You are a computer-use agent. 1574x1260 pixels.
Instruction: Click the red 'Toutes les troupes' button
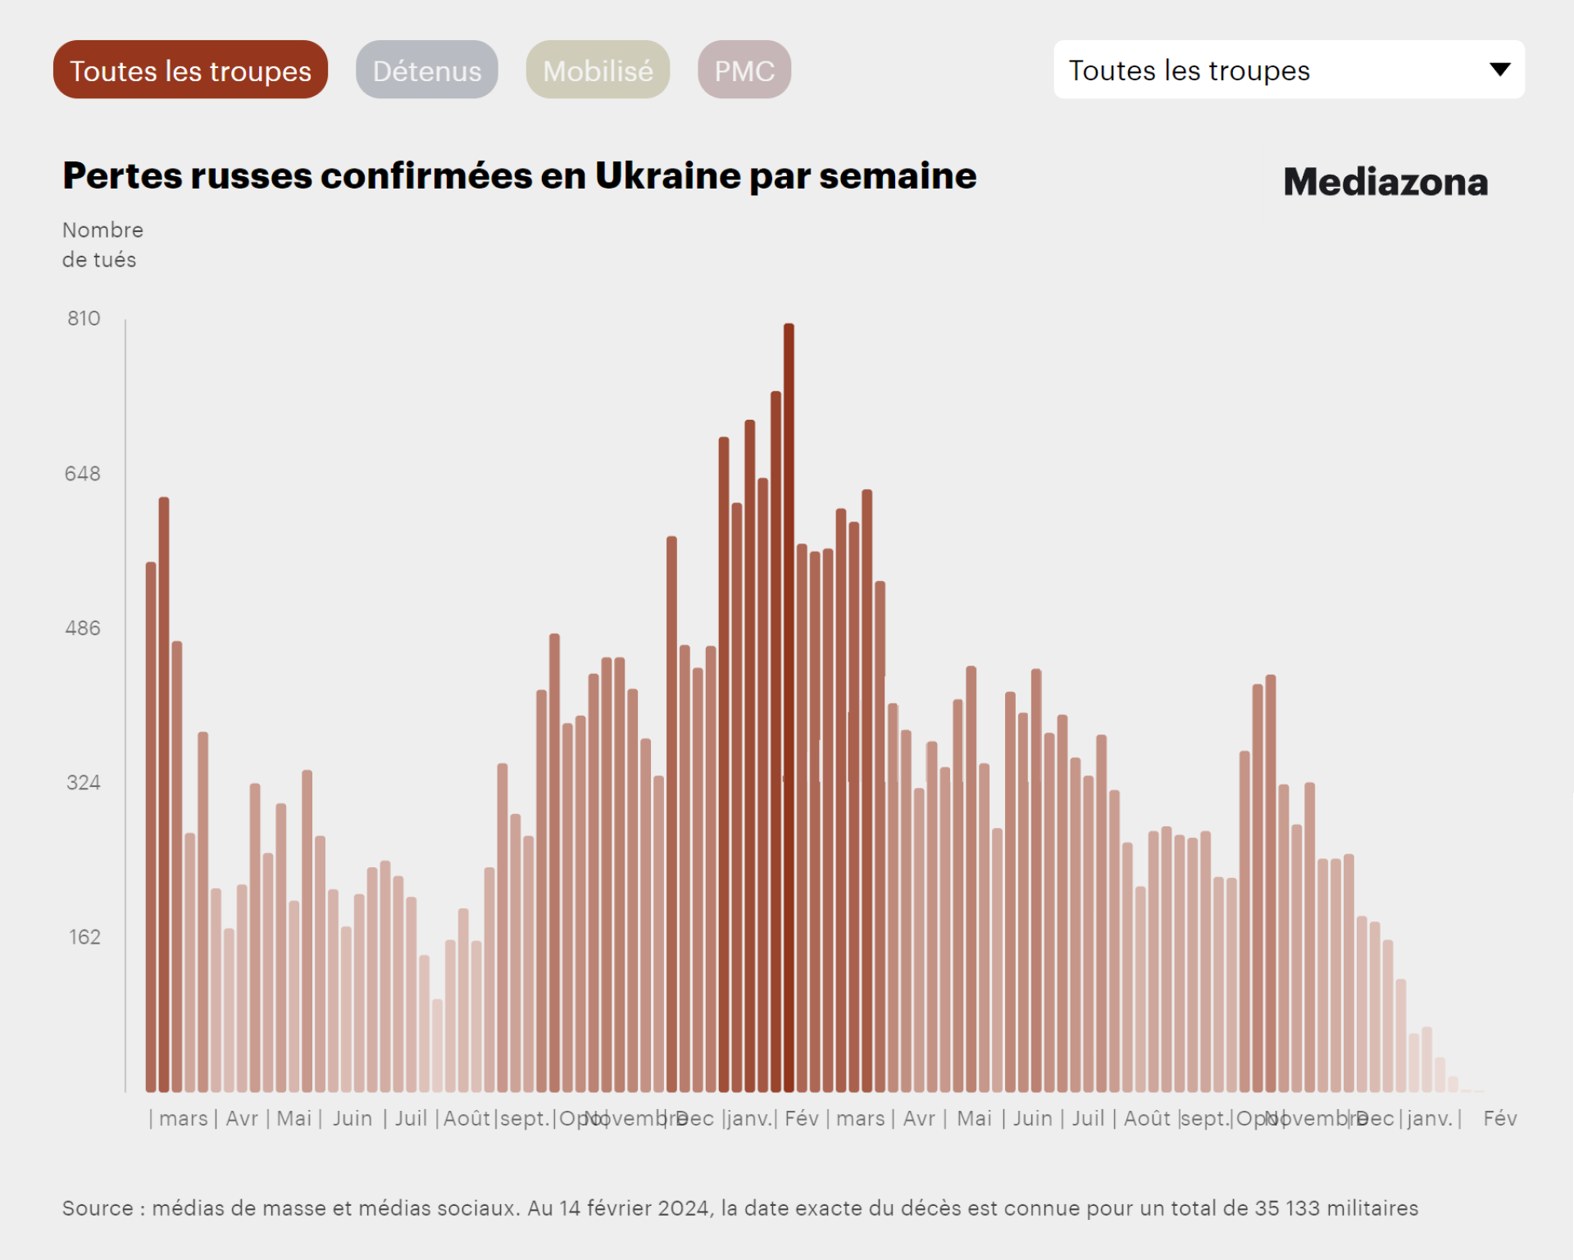(190, 71)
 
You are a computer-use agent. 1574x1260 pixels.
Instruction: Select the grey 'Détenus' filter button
(426, 71)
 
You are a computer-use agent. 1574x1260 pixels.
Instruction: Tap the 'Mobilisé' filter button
(598, 71)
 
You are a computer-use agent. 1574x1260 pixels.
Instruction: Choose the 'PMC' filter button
(744, 71)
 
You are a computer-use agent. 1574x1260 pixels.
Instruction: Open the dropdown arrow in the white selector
(1499, 70)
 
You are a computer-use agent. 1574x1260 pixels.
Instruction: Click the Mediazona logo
(1385, 182)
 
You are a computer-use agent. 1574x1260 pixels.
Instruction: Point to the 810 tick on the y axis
(84, 318)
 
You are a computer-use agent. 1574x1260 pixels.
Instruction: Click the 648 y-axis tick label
(83, 473)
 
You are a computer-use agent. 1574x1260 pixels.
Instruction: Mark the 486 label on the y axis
(83, 628)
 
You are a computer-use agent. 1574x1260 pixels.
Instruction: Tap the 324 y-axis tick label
(83, 782)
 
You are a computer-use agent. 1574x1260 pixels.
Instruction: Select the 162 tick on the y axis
(84, 937)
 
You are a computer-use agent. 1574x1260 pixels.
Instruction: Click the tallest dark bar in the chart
(789, 705)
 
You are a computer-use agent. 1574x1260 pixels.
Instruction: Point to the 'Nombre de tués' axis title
(102, 244)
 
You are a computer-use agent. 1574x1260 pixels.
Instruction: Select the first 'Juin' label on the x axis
(353, 1118)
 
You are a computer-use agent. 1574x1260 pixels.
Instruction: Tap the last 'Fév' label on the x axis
(1499, 1118)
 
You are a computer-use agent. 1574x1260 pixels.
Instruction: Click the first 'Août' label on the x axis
(466, 1118)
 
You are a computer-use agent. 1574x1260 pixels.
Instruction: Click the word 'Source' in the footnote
(98, 1208)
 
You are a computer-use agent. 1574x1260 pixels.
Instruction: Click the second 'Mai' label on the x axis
(974, 1118)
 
